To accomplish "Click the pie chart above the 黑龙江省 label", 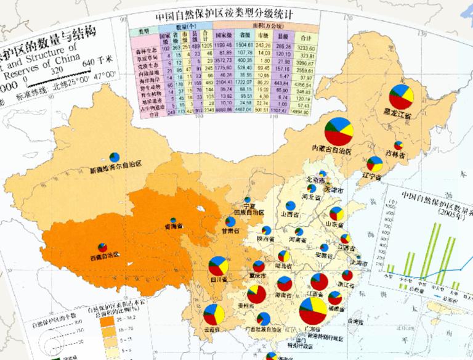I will (x=401, y=98).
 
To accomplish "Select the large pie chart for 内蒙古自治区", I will (x=339, y=131).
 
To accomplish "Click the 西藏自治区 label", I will (x=103, y=254).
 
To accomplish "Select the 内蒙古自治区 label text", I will (x=333, y=150).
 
